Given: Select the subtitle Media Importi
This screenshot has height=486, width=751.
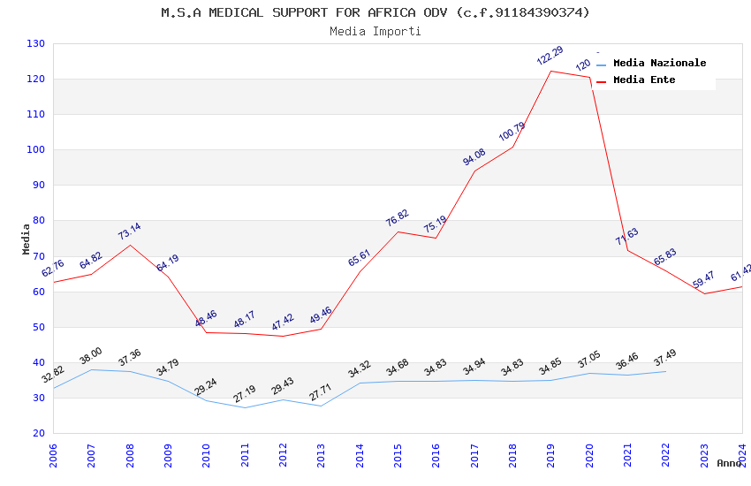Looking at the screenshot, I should pyautogui.click(x=375, y=32).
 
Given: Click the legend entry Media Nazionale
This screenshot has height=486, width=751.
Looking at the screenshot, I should pyautogui.click(x=659, y=63).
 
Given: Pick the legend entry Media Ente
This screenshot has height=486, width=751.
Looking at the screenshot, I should pyautogui.click(x=644, y=80).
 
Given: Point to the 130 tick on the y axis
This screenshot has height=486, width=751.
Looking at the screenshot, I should pyautogui.click(x=36, y=43).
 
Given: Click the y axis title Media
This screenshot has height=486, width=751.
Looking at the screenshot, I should pyautogui.click(x=27, y=239).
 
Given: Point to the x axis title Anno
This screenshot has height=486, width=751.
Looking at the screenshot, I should pyautogui.click(x=729, y=463).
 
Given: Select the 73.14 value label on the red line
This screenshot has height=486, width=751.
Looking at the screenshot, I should pyautogui.click(x=130, y=232).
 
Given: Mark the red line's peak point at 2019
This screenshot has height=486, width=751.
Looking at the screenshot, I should pyautogui.click(x=550, y=71).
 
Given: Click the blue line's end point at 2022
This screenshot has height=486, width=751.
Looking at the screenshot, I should pyautogui.click(x=665, y=371).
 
